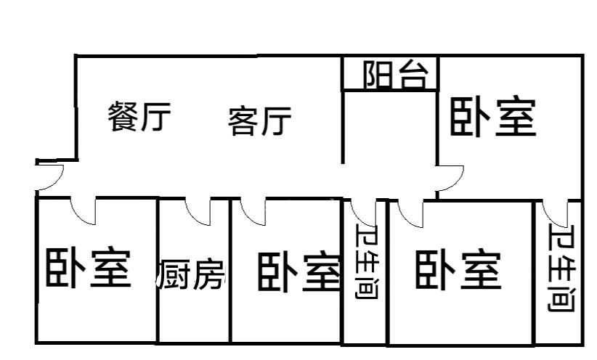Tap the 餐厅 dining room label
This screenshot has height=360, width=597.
pyautogui.click(x=140, y=117)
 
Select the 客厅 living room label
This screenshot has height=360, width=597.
pyautogui.click(x=259, y=120)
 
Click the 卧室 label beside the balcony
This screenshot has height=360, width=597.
pyautogui.click(x=493, y=118)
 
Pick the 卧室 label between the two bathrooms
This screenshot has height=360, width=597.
pyautogui.click(x=458, y=271)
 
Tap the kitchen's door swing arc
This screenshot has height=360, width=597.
pyautogui.click(x=198, y=210)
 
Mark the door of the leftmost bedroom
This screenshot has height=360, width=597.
pyautogui.click(x=83, y=210)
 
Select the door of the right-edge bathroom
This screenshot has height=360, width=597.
pyautogui.click(x=556, y=212)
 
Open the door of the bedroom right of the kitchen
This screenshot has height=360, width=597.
pyautogui.click(x=253, y=210)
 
